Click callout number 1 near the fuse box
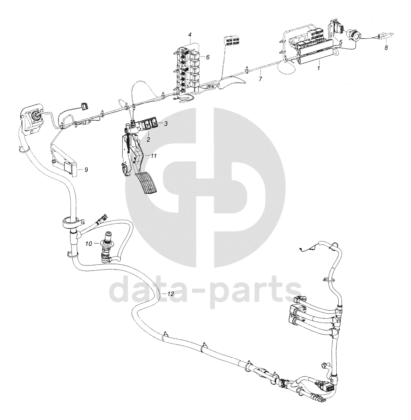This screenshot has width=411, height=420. click(319, 68)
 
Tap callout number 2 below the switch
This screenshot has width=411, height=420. click(149, 139)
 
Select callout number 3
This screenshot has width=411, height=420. click(166, 124)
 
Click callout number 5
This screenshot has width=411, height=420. click(341, 42)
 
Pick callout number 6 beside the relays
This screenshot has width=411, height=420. click(208, 57)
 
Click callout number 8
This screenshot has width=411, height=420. click(386, 48)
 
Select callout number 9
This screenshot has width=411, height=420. click(86, 170)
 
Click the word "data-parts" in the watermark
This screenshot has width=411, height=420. click(205, 289)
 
